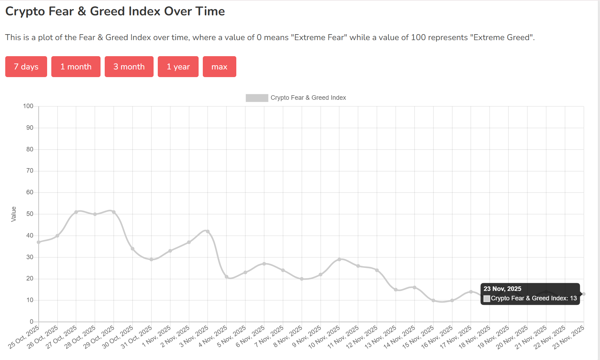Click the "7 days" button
click(26, 67)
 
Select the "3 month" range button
click(129, 67)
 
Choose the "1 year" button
click(178, 67)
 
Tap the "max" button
click(219, 67)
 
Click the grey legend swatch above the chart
click(257, 98)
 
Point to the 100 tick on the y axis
click(28, 106)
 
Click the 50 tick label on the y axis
click(30, 214)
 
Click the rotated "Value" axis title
click(14, 214)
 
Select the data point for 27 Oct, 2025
click(76, 212)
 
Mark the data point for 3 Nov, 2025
click(208, 231)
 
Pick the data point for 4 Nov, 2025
click(227, 277)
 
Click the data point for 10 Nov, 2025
click(339, 260)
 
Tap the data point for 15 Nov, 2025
click(433, 300)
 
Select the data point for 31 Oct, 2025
click(151, 260)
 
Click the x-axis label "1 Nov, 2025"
click(157, 336)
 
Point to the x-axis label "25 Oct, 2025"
click(24, 337)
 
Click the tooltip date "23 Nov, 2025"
click(502, 289)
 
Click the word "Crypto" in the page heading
click(25, 11)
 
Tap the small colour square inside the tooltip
click(487, 299)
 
